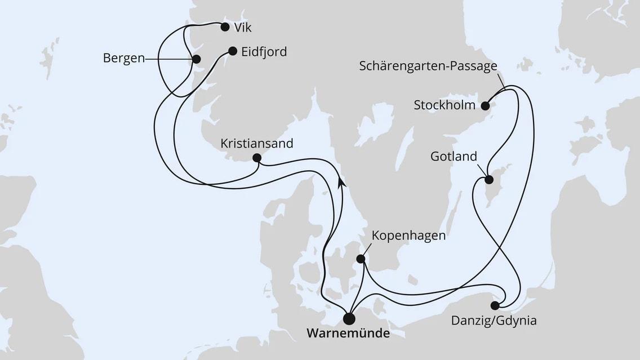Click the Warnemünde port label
(348, 334)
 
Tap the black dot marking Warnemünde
(349, 319)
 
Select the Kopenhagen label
(408, 235)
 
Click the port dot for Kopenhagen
(361, 259)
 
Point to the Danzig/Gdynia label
(494, 322)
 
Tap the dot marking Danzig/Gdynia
(495, 306)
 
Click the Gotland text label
(454, 156)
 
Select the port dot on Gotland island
(489, 180)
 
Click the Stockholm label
(445, 105)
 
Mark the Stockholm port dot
(486, 105)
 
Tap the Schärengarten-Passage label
(428, 66)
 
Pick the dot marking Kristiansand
(256, 158)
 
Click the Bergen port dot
(196, 59)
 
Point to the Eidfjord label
(264, 52)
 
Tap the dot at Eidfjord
(233, 51)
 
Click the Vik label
(243, 27)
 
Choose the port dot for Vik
(225, 27)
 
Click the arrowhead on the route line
(341, 182)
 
